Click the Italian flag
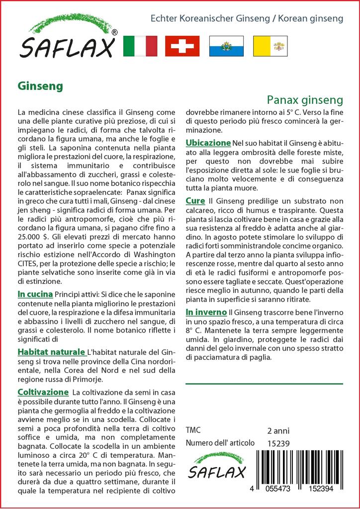pos(139,46)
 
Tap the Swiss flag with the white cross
pos(182,46)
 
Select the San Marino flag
pos(226,46)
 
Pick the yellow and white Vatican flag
pos(270,46)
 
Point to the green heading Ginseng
pos(40,85)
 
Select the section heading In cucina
pos(35,294)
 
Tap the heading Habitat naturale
pos(51,352)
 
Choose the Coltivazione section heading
pos(43,392)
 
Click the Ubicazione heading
pos(208,143)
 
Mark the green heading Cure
pos(195,201)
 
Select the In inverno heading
pos(206,312)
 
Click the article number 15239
pos(278,443)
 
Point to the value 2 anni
pos(278,430)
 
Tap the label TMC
pos(193,430)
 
